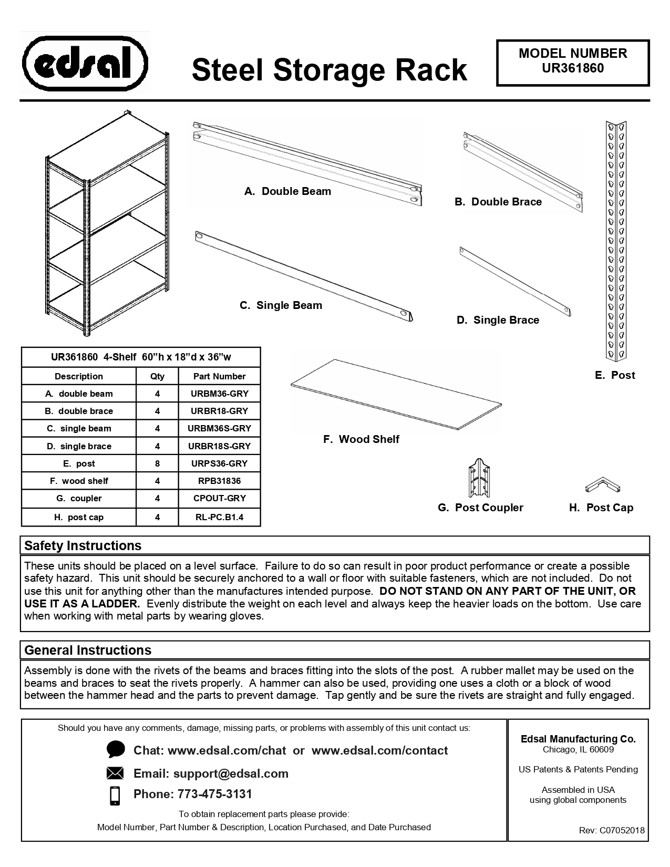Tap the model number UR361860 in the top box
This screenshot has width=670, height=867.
click(x=573, y=68)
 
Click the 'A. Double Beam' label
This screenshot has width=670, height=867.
click(x=287, y=191)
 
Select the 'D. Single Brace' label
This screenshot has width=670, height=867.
click(x=498, y=320)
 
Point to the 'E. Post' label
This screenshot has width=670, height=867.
click(x=615, y=375)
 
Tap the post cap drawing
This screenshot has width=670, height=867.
click(x=603, y=484)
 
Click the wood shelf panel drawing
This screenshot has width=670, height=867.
click(x=396, y=395)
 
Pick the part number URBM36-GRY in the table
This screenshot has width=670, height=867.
click(x=219, y=394)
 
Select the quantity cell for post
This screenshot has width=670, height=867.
click(x=157, y=463)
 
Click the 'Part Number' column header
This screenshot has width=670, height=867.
click(x=219, y=376)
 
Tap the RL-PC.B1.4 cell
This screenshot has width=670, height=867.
click(x=219, y=517)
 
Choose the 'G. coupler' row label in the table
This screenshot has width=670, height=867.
click(x=79, y=498)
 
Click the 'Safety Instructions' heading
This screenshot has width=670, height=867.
click(x=83, y=545)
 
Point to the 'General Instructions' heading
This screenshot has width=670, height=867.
click(x=88, y=650)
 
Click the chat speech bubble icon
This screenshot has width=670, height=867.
click(x=115, y=750)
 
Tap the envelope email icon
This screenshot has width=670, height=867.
click(x=115, y=773)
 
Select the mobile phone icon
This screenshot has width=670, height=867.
click(x=115, y=795)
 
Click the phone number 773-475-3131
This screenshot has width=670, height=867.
click(x=215, y=794)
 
